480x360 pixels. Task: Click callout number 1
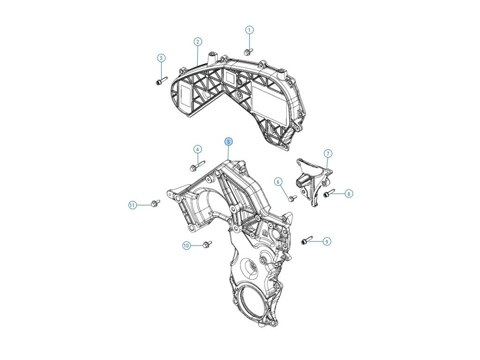point(249,30)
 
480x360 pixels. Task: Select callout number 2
point(198,42)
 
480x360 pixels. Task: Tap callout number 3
point(161,58)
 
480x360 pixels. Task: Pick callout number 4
point(198,149)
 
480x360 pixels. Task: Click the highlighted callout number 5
point(228,142)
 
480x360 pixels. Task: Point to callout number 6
point(278,181)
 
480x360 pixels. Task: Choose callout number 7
point(328,153)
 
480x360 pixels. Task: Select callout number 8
point(348,194)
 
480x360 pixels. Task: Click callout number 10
point(187,246)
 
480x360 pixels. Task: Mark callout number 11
point(132,205)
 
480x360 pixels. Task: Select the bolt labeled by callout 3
point(160,82)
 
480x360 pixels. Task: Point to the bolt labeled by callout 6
point(292,198)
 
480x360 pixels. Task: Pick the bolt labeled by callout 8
point(330,192)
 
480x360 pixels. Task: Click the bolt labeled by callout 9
point(307,241)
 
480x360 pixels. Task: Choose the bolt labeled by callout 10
point(207,244)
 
